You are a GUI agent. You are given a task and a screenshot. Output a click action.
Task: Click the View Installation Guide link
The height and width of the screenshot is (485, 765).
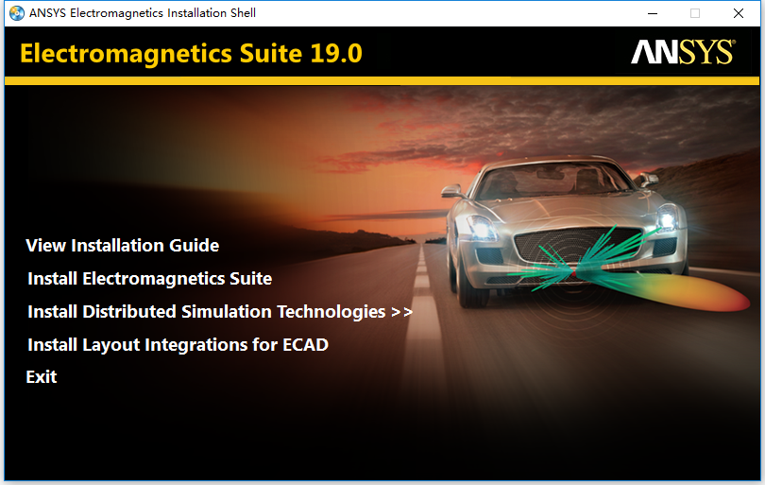122,246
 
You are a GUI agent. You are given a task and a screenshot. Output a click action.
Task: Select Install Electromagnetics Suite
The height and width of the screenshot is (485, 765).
149,279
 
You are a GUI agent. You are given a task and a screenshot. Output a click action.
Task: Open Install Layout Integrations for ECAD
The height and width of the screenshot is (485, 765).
178,345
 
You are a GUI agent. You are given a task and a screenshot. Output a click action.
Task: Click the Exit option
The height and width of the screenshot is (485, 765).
42,377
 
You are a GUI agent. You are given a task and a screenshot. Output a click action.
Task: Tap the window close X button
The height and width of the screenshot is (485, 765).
739,13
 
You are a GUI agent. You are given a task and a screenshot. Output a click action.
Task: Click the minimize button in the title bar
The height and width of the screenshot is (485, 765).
653,13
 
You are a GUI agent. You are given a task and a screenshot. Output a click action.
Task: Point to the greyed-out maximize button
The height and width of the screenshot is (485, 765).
695,13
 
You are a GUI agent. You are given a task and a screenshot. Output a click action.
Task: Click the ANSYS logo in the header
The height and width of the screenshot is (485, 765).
683,52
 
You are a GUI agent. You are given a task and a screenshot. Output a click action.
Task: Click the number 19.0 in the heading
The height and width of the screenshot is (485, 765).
336,53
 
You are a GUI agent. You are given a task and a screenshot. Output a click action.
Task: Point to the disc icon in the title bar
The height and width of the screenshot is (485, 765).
17,13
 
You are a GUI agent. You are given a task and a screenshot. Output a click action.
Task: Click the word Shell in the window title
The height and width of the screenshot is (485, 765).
243,13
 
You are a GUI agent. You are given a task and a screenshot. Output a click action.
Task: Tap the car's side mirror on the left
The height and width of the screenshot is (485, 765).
451,191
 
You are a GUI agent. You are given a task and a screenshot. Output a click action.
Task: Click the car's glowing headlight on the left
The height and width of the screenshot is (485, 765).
482,228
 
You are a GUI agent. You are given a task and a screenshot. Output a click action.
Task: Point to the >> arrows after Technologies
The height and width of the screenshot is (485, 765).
402,312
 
